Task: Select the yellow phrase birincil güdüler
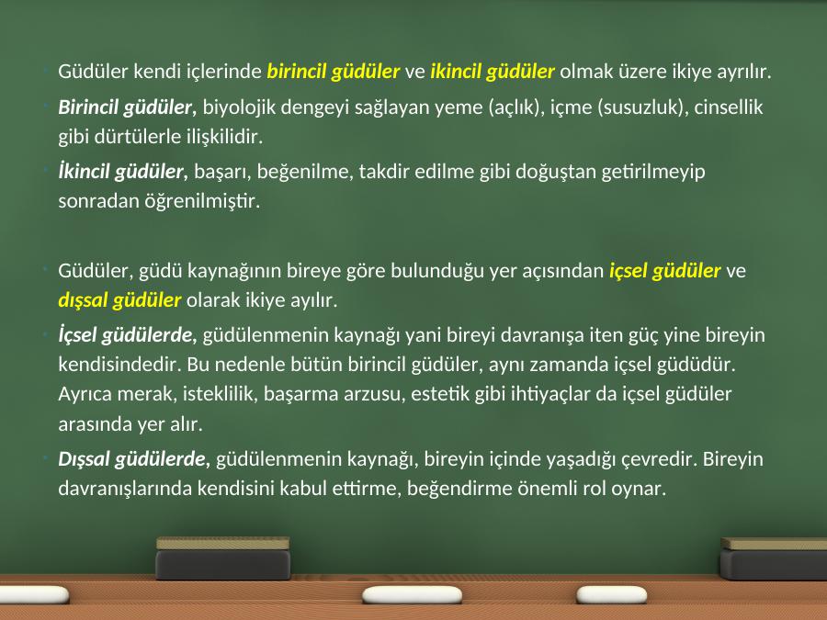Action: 334,71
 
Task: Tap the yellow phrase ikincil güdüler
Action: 493,71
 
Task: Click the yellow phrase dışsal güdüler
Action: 119,300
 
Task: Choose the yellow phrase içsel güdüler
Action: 664,270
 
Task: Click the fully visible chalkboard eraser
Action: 223,558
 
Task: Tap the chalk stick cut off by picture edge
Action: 34,595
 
